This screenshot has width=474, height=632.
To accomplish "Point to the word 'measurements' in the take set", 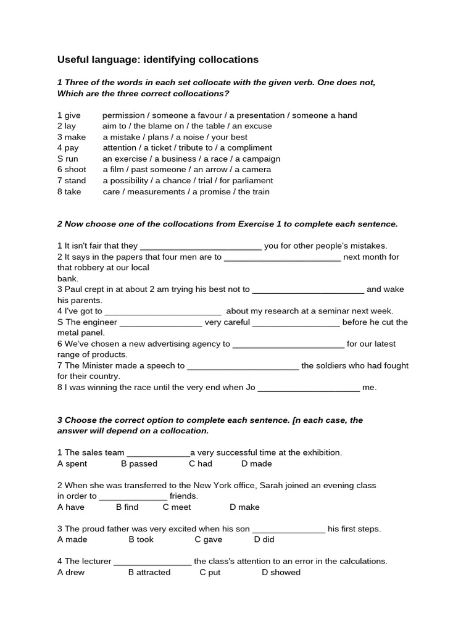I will point(156,192).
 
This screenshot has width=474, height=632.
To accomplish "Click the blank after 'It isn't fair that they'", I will point(201,246).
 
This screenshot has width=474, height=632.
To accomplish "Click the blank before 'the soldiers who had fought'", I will point(243,366).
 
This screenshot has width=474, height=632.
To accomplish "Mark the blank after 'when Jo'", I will point(308,388).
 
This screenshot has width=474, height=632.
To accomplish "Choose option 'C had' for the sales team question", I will point(201,464).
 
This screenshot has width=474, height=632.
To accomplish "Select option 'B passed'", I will point(139,464).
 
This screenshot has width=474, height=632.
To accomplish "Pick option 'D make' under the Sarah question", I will point(244,507).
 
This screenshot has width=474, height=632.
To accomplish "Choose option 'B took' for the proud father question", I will point(141,539).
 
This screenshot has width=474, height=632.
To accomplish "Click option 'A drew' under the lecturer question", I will point(71,572).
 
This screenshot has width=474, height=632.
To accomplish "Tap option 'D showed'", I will point(281,572).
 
